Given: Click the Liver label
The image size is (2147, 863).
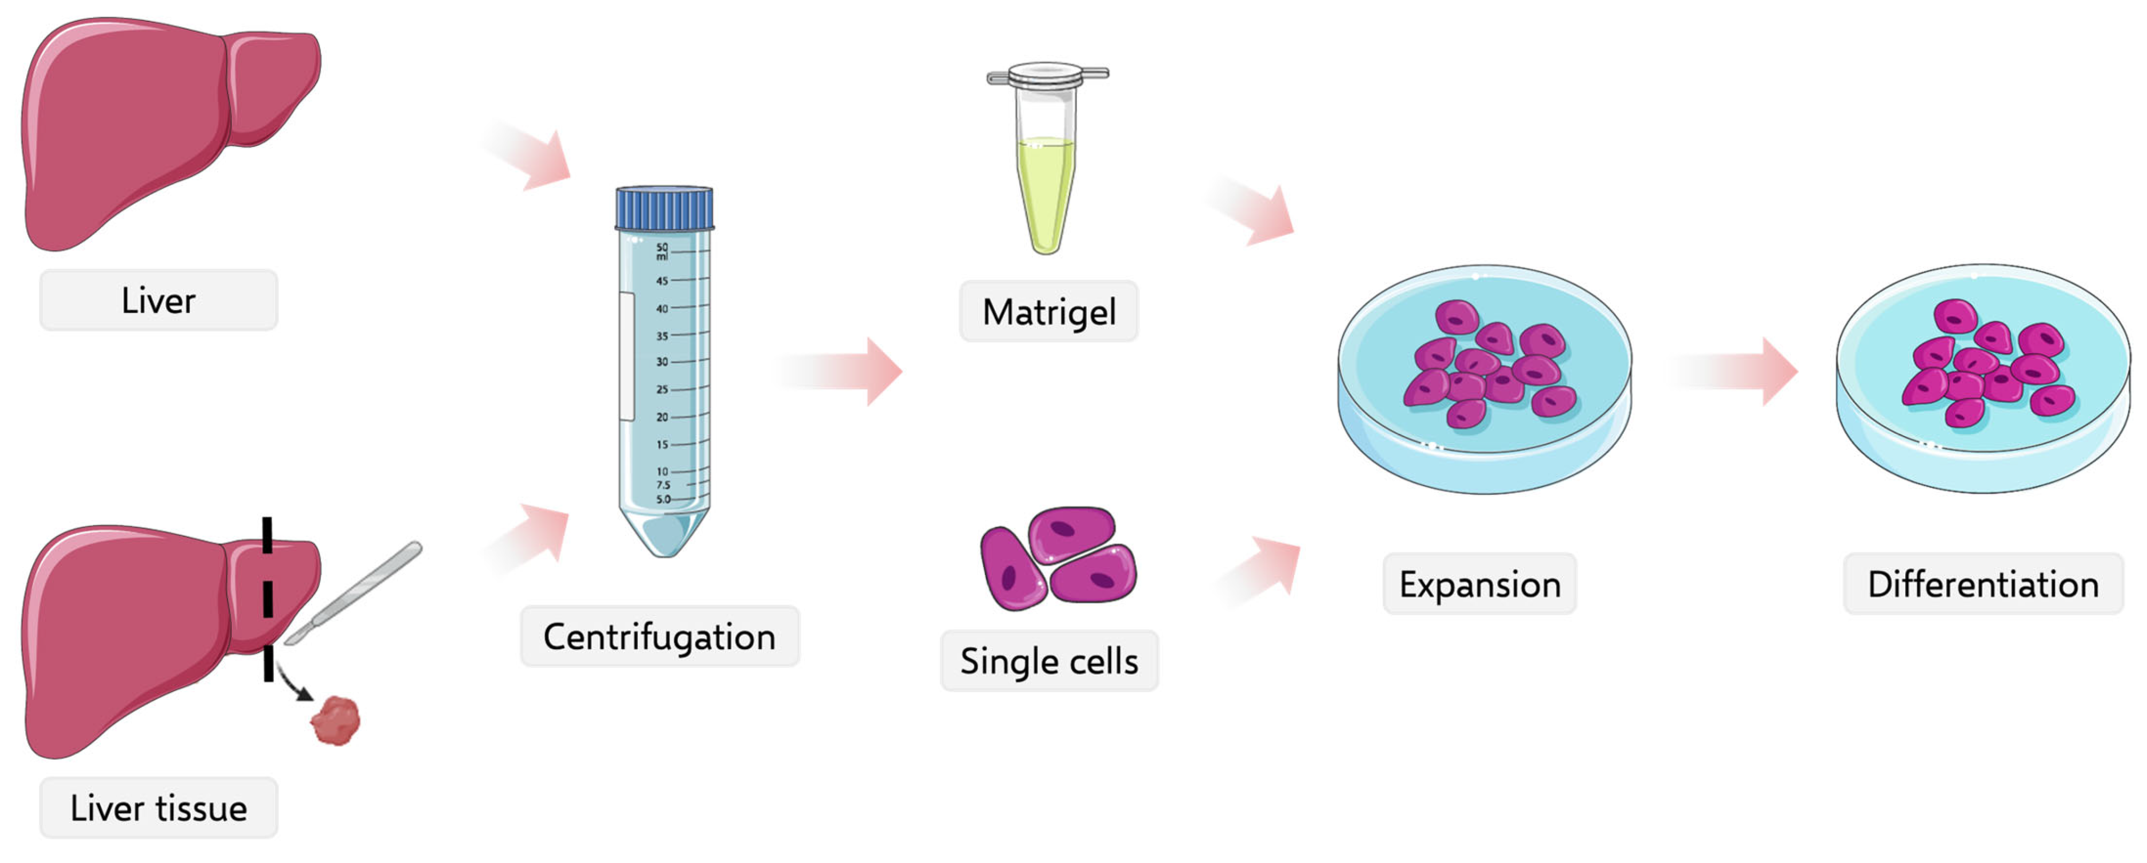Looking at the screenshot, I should pyautogui.click(x=159, y=301).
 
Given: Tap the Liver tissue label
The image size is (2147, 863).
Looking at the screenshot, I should pyautogui.click(x=159, y=808).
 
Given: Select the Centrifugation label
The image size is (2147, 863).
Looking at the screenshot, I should pyautogui.click(x=659, y=637).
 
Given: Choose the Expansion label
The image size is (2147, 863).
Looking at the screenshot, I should pyautogui.click(x=1479, y=585).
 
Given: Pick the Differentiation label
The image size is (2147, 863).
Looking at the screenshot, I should pyautogui.click(x=1983, y=585).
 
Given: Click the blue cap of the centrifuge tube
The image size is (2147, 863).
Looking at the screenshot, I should pyautogui.click(x=664, y=208).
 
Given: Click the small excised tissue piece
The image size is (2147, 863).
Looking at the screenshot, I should pyautogui.click(x=336, y=721).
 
